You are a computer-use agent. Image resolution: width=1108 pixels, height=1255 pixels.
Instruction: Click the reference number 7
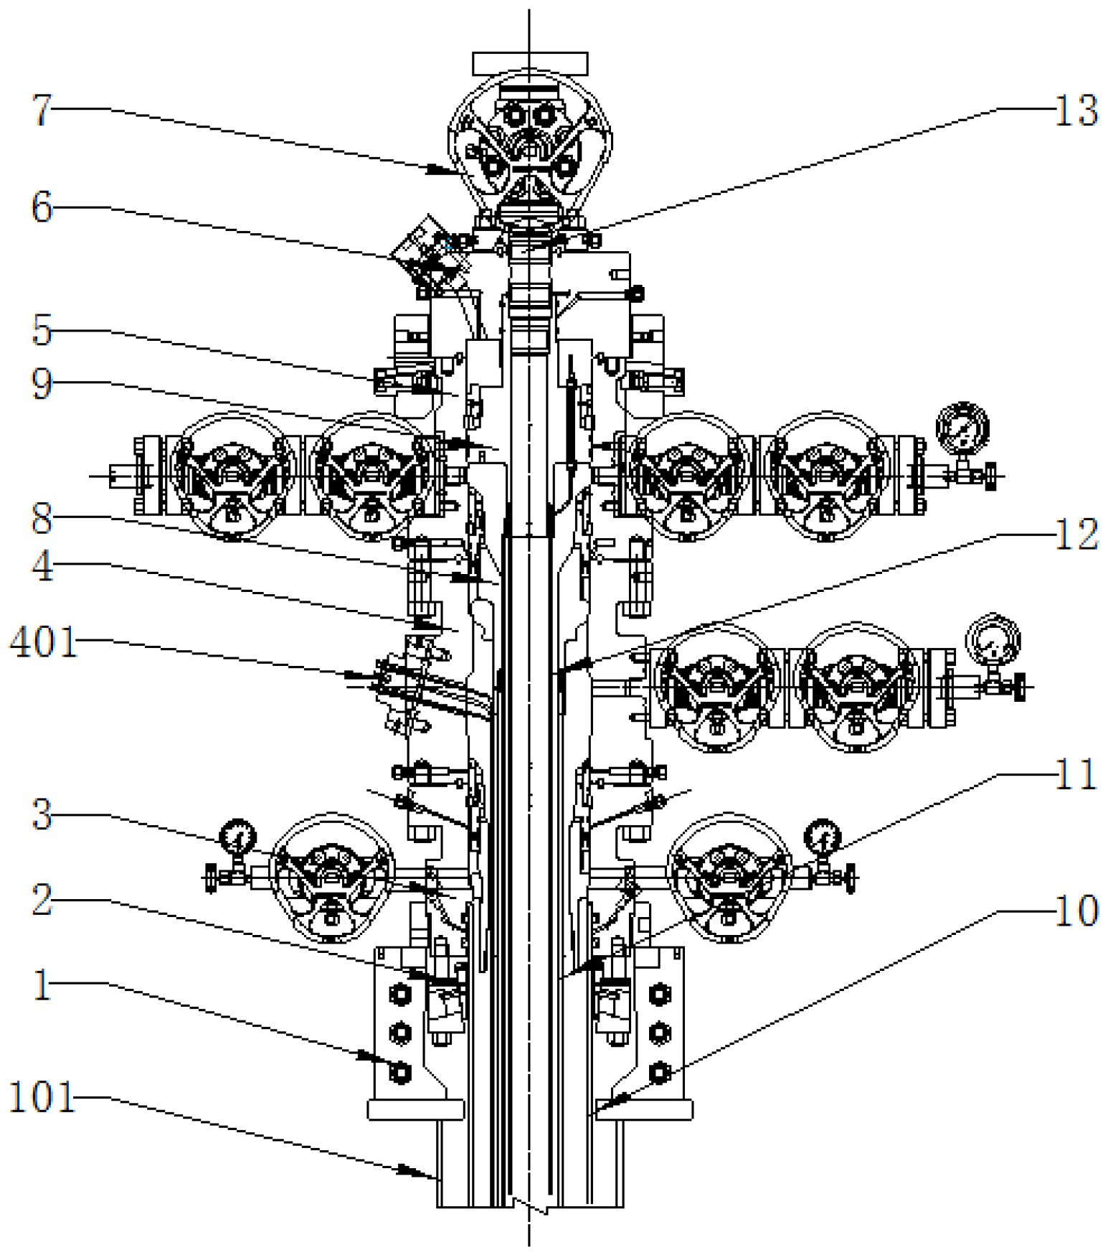[x=42, y=111]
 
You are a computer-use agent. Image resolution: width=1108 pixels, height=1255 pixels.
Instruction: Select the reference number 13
[x=1075, y=111]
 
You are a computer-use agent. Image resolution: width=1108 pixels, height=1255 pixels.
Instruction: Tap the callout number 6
[x=42, y=209]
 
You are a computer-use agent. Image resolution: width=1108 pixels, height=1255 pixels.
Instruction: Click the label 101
[x=42, y=1098]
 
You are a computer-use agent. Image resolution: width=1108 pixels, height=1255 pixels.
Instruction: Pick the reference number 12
[x=1075, y=535]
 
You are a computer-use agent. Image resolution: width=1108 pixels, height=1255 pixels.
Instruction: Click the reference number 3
[x=42, y=816]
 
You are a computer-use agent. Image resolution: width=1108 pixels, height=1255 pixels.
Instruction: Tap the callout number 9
[x=42, y=385]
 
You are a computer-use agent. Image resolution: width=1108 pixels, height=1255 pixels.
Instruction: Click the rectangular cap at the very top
[x=530, y=63]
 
